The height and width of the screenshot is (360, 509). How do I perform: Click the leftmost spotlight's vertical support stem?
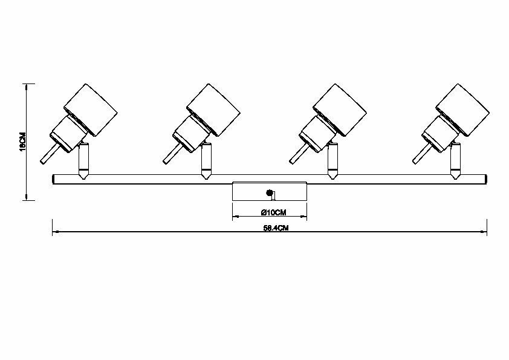[x=83, y=160]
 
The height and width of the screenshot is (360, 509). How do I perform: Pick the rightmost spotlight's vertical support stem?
[x=455, y=160]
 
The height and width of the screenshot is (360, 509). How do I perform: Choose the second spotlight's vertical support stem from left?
[x=207, y=160]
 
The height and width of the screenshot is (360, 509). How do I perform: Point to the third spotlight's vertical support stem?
[x=332, y=160]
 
